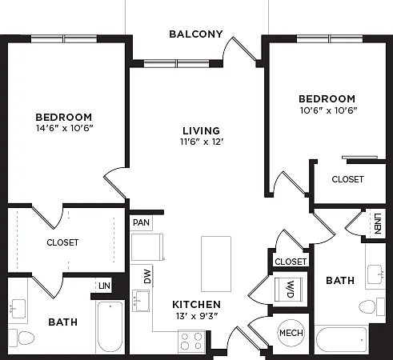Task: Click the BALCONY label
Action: click(196, 34)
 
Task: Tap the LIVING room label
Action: click(202, 130)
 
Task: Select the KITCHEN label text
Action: click(197, 304)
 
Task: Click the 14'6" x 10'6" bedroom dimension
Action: click(65, 128)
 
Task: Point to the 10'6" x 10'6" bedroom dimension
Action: click(328, 110)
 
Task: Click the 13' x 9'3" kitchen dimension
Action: click(197, 316)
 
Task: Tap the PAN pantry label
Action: click(141, 222)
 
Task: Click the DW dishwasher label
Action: click(147, 277)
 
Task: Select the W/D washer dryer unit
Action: click(289, 289)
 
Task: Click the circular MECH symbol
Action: click(291, 333)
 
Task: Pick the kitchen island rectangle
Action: click(216, 264)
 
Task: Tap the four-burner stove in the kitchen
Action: click(191, 341)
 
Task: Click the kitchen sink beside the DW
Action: click(141, 301)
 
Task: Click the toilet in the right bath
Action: click(371, 306)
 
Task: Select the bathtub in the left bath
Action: click(110, 327)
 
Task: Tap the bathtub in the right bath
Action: click(342, 340)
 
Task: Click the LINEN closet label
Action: click(378, 223)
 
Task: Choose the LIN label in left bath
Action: click(104, 286)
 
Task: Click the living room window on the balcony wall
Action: click(176, 64)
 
